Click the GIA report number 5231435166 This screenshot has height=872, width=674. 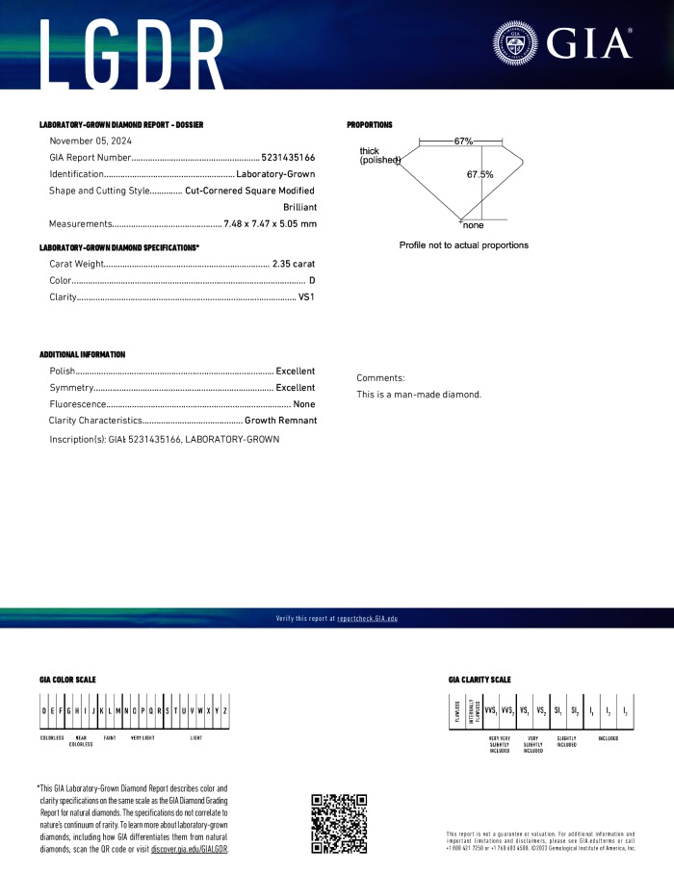pyautogui.click(x=288, y=157)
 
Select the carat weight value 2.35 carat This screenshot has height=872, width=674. pyautogui.click(x=294, y=264)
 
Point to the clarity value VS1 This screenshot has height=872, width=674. pyautogui.click(x=307, y=297)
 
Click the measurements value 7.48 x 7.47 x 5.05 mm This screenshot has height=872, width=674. pyautogui.click(x=270, y=224)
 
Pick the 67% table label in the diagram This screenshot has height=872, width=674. pyautogui.click(x=463, y=141)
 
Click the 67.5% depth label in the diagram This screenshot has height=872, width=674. pyautogui.click(x=480, y=175)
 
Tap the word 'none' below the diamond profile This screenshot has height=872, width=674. pyautogui.click(x=473, y=225)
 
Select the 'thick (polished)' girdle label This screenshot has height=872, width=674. pyautogui.click(x=378, y=156)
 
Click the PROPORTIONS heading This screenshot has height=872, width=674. pyautogui.click(x=370, y=125)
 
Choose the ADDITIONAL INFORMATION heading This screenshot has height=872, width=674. pyautogui.click(x=82, y=354)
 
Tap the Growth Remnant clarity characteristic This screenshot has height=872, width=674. pyautogui.click(x=280, y=421)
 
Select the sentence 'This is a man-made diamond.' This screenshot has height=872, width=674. pyautogui.click(x=418, y=395)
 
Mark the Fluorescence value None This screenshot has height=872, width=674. pyautogui.click(x=304, y=404)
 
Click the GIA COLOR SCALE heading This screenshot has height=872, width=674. pyautogui.click(x=67, y=680)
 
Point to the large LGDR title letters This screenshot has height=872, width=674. pyautogui.click(x=135, y=48)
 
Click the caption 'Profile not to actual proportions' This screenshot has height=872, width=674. pyautogui.click(x=463, y=245)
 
